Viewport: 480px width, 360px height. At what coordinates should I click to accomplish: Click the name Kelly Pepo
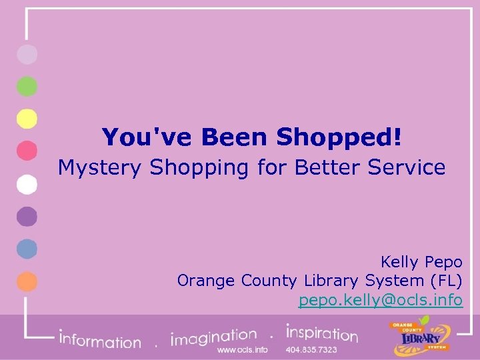coord(421,261)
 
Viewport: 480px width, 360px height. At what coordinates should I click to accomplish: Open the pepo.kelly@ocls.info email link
coord(380,300)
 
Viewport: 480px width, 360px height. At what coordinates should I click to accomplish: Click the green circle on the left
coord(27,86)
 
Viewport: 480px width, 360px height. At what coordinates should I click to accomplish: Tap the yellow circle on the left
coord(27,119)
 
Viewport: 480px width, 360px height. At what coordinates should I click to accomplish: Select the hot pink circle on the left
coord(27,151)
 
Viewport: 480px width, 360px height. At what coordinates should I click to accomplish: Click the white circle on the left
coord(27,184)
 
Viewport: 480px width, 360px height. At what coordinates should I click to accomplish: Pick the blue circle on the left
coord(27,249)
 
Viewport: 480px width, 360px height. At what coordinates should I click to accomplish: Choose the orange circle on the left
coord(27,281)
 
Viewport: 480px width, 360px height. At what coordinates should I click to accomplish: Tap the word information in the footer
coord(100,340)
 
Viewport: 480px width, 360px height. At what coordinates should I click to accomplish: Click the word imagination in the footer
coord(213,337)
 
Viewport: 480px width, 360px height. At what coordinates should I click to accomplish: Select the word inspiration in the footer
coord(322,333)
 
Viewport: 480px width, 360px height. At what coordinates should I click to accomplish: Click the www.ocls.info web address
coord(243,349)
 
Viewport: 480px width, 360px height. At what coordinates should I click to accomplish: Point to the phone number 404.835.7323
coord(311,349)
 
